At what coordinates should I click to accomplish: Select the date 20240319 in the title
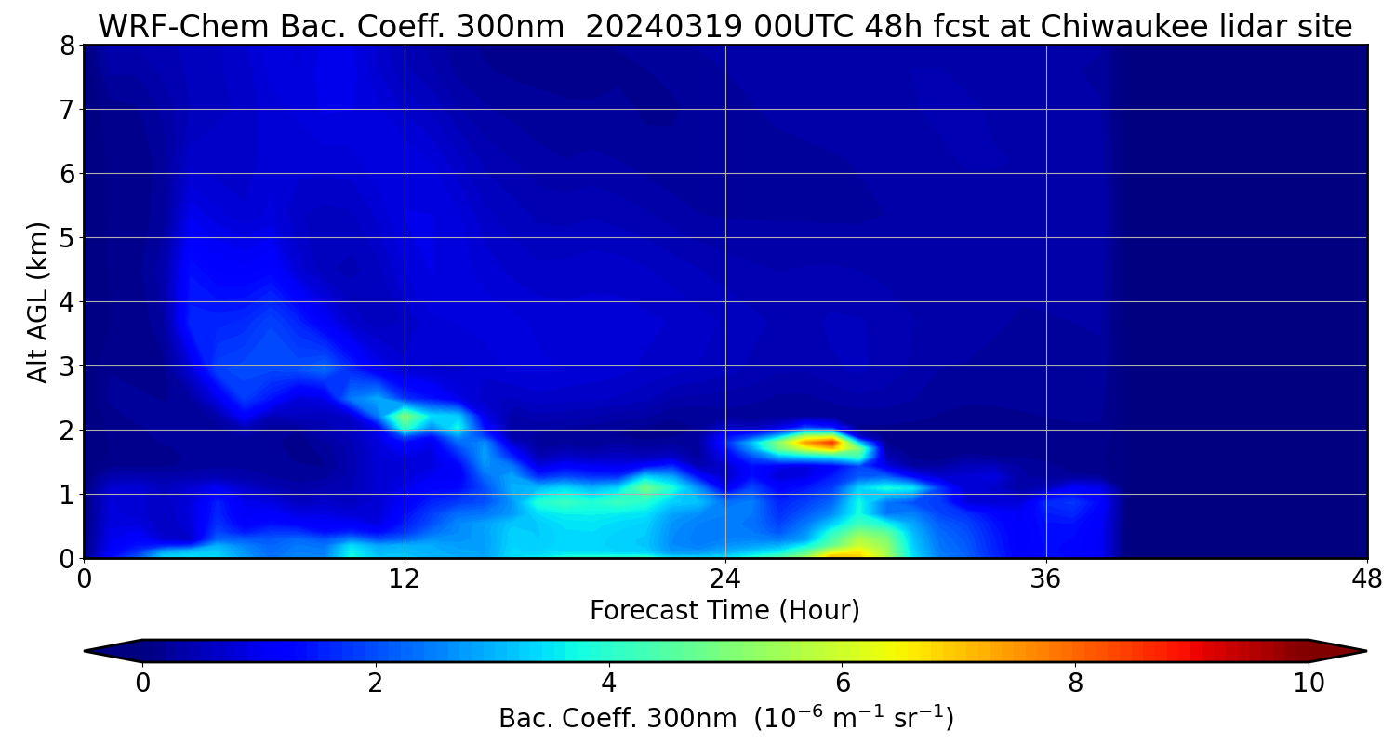click(663, 27)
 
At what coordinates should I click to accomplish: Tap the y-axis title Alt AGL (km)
click(38, 302)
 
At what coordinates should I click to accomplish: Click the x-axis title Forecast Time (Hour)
click(724, 611)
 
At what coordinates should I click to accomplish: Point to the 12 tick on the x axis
click(405, 578)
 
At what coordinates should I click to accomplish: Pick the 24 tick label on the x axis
click(725, 578)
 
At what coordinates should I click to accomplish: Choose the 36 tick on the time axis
click(1046, 578)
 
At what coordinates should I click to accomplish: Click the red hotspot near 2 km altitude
click(824, 444)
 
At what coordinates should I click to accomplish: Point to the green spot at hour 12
click(406, 418)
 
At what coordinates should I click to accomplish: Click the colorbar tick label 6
click(842, 684)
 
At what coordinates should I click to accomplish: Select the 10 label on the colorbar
click(1309, 684)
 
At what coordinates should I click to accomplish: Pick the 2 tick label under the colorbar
click(375, 684)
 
